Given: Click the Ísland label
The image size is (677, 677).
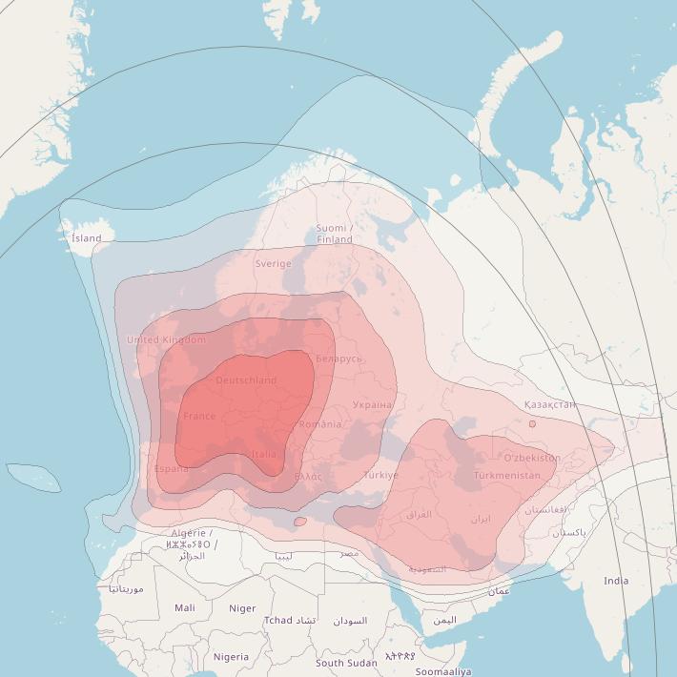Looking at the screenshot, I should pyautogui.click(x=86, y=238).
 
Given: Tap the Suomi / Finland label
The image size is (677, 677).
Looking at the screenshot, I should pyautogui.click(x=335, y=234).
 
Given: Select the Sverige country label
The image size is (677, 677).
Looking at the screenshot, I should pyautogui.click(x=273, y=264).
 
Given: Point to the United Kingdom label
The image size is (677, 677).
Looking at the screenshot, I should pyautogui.click(x=166, y=340).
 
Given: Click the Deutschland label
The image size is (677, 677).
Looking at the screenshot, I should pyautogui.click(x=246, y=380).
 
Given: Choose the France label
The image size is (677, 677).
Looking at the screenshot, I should pyautogui.click(x=199, y=417).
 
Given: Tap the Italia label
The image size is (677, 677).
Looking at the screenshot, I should pyautogui.click(x=264, y=455).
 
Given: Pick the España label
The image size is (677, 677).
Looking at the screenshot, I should pyautogui.click(x=172, y=469).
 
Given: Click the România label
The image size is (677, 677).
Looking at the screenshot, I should pyautogui.click(x=319, y=424).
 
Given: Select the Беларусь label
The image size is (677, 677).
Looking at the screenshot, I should pyautogui.click(x=338, y=359).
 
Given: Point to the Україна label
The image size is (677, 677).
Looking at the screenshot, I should pyautogui.click(x=372, y=405).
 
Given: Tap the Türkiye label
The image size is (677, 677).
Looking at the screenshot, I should pyautogui.click(x=380, y=475).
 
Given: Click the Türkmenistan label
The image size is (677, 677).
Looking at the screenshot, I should pyautogui.click(x=506, y=475).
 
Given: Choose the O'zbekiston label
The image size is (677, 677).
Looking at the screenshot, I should pyautogui.click(x=532, y=458).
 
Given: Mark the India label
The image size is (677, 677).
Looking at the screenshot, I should pyautogui.click(x=616, y=581).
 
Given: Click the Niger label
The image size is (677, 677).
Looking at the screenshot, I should pyautogui.click(x=242, y=608).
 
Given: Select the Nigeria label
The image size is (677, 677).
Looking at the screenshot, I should pyautogui.click(x=231, y=657).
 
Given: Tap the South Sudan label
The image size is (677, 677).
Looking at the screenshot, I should pyautogui.click(x=346, y=663).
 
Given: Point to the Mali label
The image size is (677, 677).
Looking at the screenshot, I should pyautogui.click(x=185, y=607).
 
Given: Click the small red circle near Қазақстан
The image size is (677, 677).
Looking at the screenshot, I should pyautogui.click(x=532, y=423).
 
